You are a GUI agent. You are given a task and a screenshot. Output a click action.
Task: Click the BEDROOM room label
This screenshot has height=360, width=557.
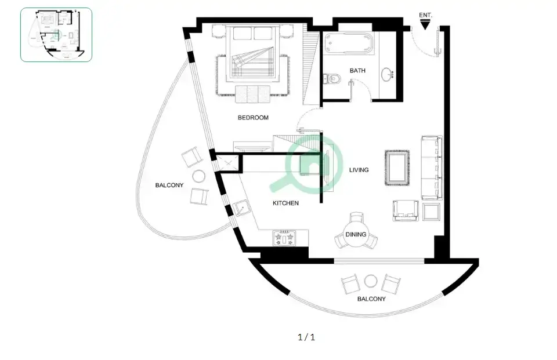pyautogui.click(x=253, y=118)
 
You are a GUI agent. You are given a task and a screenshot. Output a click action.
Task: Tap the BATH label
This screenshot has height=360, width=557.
pyautogui.click(x=357, y=71)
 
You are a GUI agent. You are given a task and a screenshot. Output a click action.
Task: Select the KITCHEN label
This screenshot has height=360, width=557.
pyautogui.click(x=285, y=203)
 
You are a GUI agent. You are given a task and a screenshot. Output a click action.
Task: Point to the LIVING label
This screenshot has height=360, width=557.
pyautogui.click(x=359, y=170)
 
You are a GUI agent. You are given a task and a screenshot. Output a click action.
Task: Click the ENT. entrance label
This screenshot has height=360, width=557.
pyautogui.click(x=425, y=15)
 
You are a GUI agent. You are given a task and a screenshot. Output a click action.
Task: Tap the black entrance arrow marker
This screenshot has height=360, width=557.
pyautogui.click(x=425, y=25)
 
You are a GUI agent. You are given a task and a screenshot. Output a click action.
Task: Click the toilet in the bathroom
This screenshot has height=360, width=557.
pyautogui.click(x=332, y=78)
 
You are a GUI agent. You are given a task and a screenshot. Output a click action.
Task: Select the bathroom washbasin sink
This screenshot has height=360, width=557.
pyautogui.click(x=388, y=75)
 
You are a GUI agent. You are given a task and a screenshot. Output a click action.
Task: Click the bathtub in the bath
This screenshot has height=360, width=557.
pyautogui.click(x=349, y=43)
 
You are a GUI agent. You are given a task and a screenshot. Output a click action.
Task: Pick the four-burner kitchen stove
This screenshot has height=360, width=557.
pyautogui.click(x=284, y=238)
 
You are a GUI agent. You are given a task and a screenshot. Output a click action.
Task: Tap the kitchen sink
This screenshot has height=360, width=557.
pyautogui.click(x=242, y=208)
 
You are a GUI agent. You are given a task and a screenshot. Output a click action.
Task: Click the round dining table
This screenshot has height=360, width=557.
pyautogui.click(x=356, y=234)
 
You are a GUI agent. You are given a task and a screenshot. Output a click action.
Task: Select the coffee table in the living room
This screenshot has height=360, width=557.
pyautogui.click(x=397, y=168)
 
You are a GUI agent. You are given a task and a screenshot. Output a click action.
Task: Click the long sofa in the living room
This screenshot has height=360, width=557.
pyautogui.click(x=432, y=167)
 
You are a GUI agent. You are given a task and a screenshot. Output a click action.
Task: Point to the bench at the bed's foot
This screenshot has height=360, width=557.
pyautogui.click(x=252, y=94)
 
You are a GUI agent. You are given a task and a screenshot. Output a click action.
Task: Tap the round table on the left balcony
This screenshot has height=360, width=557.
pyautogui.click(x=198, y=176)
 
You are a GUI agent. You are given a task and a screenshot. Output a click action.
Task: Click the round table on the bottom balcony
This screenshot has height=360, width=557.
pyautogui.click(x=371, y=281)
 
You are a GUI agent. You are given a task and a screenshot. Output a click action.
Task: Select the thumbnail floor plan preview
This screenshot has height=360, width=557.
pyautogui.click(x=56, y=35)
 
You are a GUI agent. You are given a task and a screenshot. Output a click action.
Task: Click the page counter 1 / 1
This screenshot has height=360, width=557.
pyautogui.click(x=306, y=337)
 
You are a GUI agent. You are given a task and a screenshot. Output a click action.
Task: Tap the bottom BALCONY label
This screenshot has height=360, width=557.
pyautogui.click(x=371, y=299)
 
